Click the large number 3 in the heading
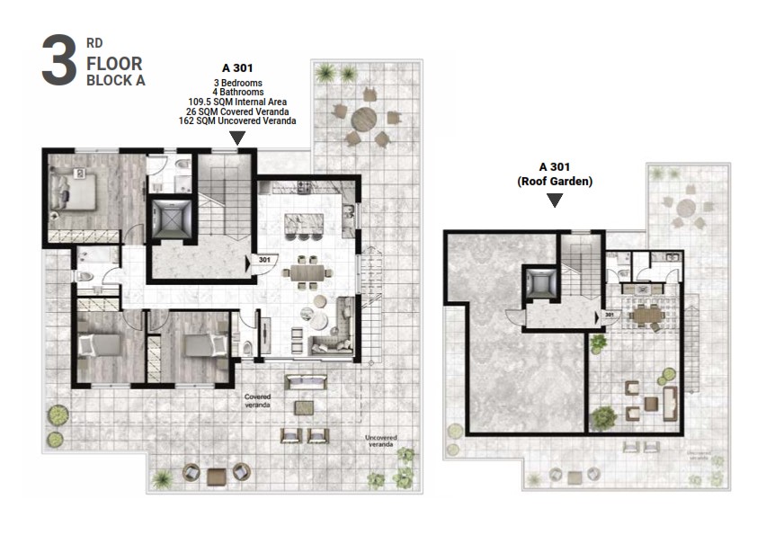(58, 61)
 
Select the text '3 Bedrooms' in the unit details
(238, 83)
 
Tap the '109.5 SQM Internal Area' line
(238, 102)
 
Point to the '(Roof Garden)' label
(555, 181)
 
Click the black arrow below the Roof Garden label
(555, 201)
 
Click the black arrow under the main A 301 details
(237, 138)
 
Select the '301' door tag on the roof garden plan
(609, 315)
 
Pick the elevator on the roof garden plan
(541, 284)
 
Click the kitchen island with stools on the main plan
(303, 224)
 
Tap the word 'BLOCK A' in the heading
(115, 80)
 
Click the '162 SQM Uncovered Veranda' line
(238, 120)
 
